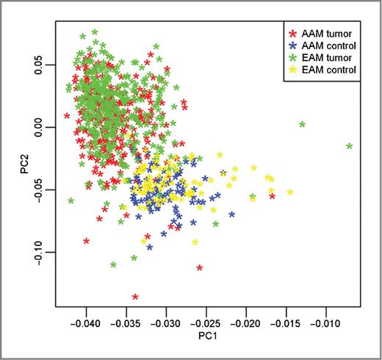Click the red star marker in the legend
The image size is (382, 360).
click(x=294, y=34)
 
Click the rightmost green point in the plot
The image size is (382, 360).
click(x=350, y=146)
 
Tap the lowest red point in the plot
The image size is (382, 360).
click(x=135, y=297)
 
